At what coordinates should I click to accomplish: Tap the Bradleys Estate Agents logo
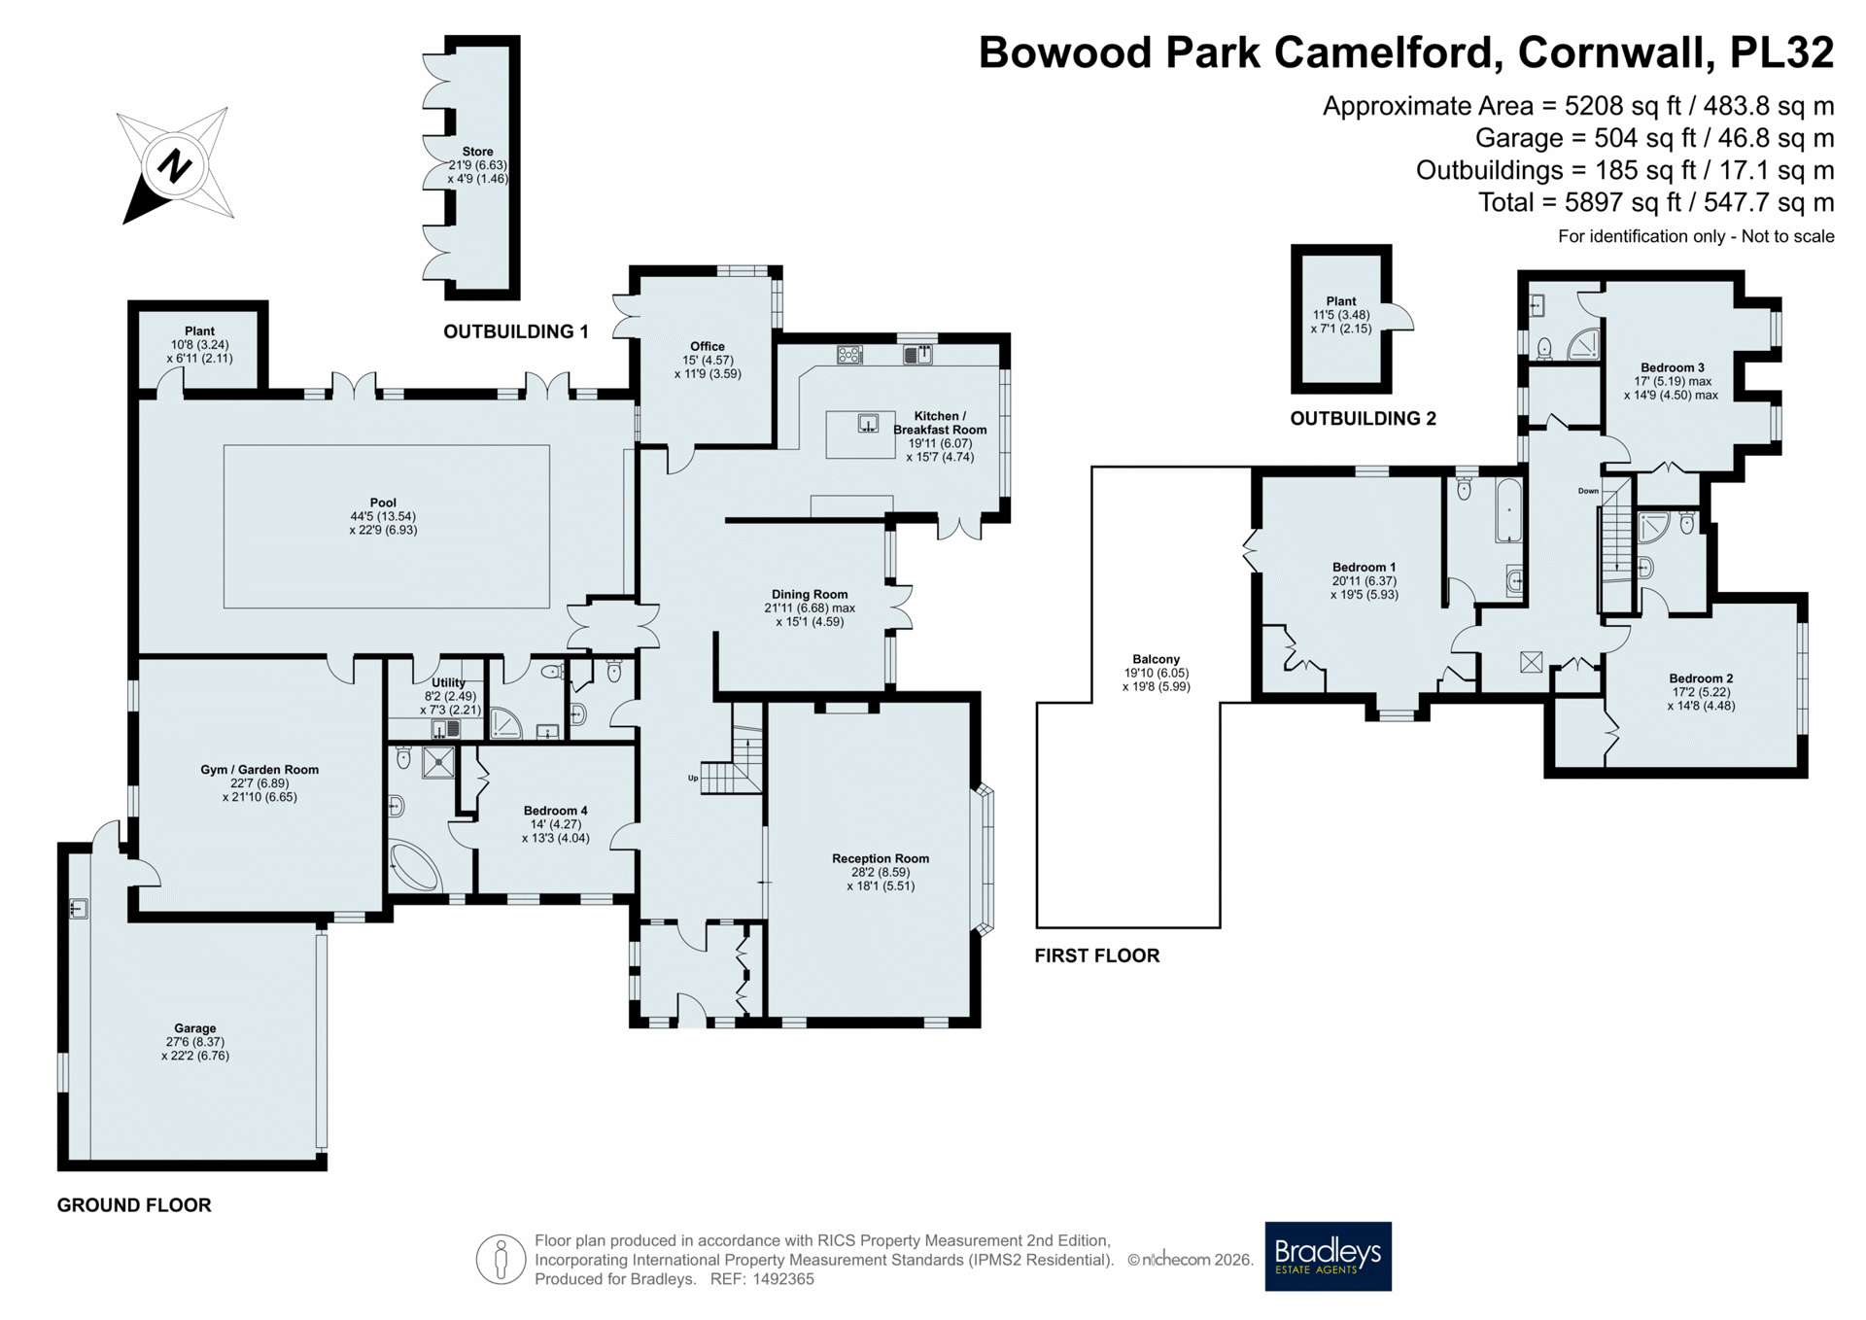point(1328,1256)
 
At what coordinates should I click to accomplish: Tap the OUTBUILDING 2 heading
point(1363,419)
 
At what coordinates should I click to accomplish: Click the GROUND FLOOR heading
point(134,1205)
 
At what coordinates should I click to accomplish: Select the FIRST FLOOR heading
point(1097,955)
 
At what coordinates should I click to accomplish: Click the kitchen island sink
point(868,424)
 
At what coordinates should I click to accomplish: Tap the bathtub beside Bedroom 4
point(415,866)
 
